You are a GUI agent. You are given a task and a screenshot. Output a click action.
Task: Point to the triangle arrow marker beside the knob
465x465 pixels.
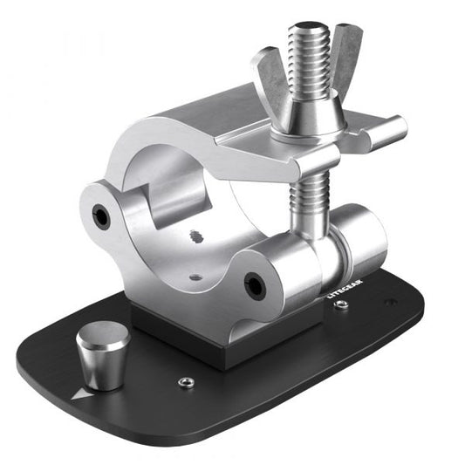coord(81,393)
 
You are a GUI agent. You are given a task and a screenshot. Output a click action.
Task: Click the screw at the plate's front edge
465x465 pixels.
coord(185,382)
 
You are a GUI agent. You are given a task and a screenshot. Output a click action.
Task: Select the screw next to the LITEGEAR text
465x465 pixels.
coord(342,304)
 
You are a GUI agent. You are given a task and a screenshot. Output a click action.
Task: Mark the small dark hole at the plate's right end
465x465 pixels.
coord(389,303)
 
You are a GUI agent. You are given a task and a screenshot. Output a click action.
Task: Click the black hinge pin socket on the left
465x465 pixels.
coord(102,215)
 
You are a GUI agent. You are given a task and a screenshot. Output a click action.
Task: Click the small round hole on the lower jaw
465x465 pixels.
coord(195,277)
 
